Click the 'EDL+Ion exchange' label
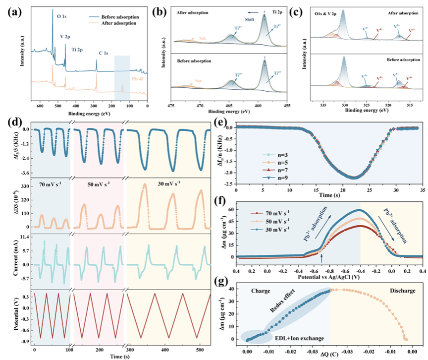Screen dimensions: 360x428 (x=300, y=338)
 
